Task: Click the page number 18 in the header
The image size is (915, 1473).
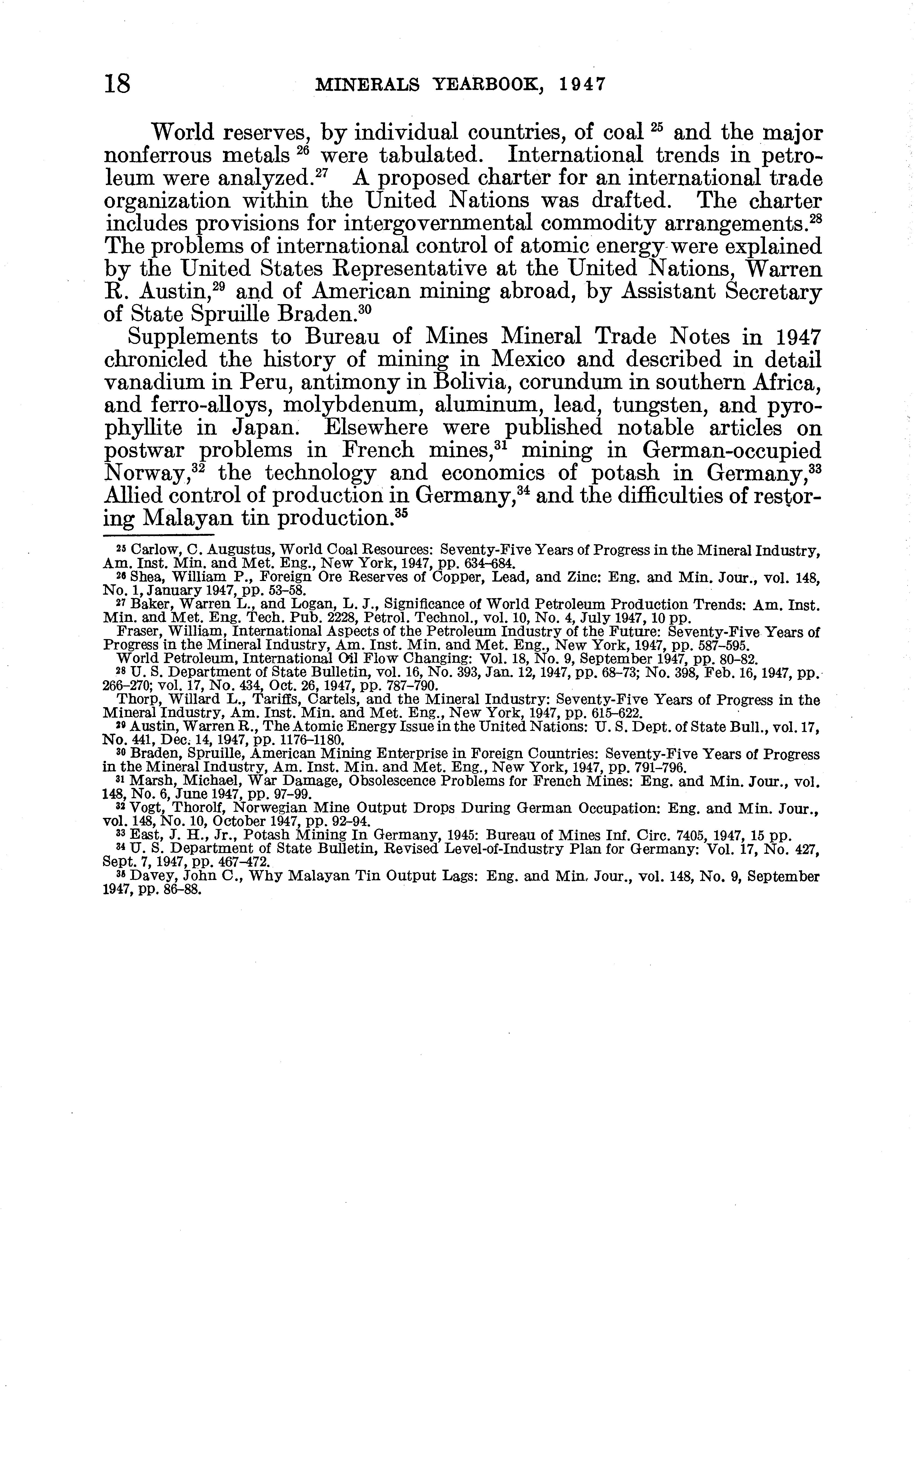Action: point(118,83)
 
